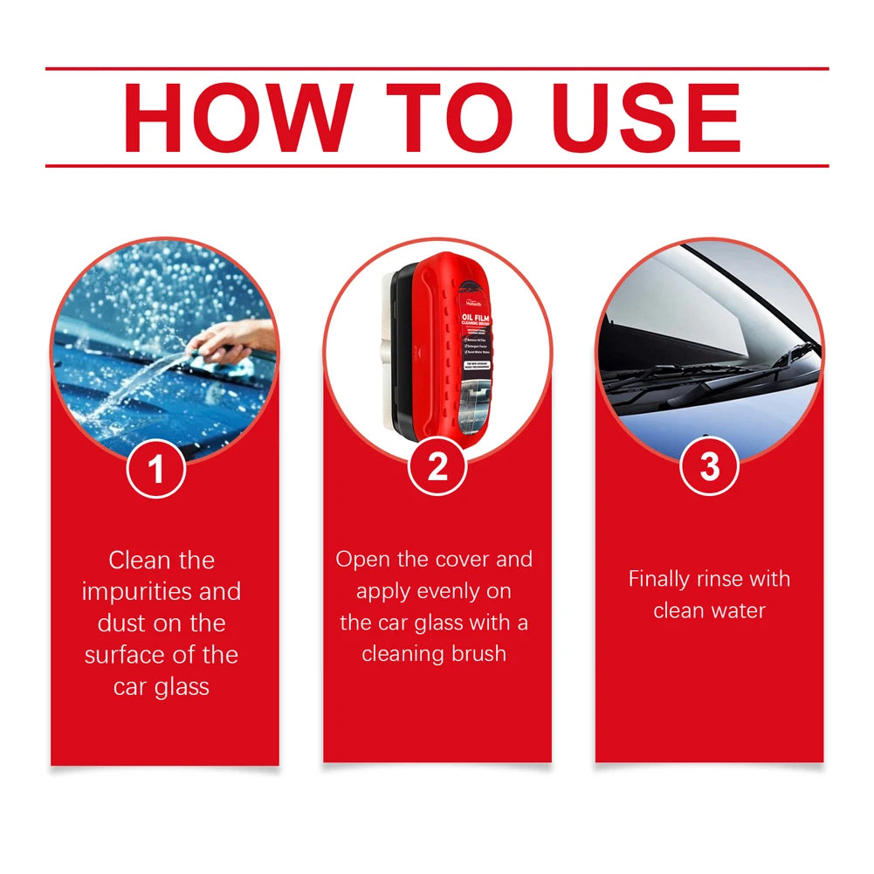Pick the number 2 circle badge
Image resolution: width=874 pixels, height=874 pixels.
(x=437, y=468)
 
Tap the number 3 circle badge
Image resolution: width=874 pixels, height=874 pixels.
(x=709, y=468)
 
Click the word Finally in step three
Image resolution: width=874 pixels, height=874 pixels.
(x=657, y=579)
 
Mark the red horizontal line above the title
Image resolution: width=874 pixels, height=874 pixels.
(x=437, y=69)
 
